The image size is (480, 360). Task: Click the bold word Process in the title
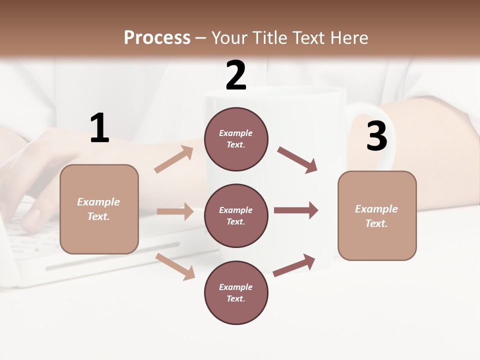pyautogui.click(x=157, y=38)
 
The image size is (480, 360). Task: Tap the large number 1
pyautogui.click(x=99, y=129)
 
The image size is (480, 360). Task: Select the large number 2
pyautogui.click(x=236, y=76)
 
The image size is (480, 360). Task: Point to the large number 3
pyautogui.click(x=376, y=136)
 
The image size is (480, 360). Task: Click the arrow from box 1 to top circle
pyautogui.click(x=174, y=159)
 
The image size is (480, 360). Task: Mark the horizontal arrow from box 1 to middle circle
pyautogui.click(x=175, y=211)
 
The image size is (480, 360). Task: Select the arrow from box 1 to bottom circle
pyautogui.click(x=175, y=266)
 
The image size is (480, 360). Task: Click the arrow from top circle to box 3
pyautogui.click(x=297, y=160)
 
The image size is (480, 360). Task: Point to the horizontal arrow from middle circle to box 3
pyautogui.click(x=295, y=210)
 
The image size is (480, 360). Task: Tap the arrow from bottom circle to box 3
pyautogui.click(x=294, y=265)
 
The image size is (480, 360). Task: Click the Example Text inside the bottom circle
pyautogui.click(x=236, y=293)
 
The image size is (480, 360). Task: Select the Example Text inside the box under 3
pyautogui.click(x=376, y=216)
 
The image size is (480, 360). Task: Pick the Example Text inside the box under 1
pyautogui.click(x=98, y=209)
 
